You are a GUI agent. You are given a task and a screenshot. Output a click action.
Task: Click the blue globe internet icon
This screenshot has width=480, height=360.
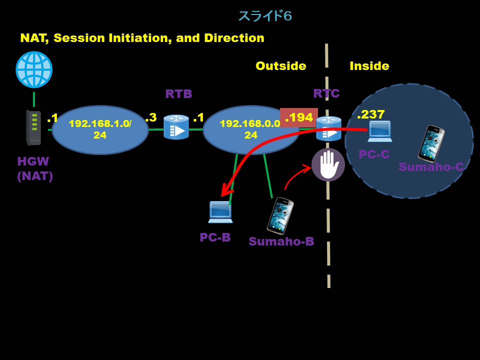(x=34, y=70)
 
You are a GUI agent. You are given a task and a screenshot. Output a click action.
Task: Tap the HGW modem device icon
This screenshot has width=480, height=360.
(x=34, y=128)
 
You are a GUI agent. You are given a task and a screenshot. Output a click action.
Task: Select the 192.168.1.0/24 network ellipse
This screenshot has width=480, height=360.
(x=100, y=130)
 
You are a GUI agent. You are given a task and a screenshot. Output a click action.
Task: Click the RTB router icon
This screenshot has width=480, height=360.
(x=176, y=127)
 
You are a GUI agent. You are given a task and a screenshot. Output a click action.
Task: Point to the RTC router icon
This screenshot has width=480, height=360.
(x=328, y=128)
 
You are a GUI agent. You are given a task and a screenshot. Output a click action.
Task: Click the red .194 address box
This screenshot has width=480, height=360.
(x=298, y=118)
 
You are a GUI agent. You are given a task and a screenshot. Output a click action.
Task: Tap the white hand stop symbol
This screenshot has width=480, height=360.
(x=328, y=165)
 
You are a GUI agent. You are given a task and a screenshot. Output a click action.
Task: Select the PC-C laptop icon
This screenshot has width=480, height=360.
(x=379, y=131)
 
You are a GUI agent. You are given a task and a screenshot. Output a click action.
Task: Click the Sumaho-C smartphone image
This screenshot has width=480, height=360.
(x=431, y=144)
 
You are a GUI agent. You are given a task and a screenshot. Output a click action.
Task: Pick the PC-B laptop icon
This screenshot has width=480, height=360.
(x=220, y=212)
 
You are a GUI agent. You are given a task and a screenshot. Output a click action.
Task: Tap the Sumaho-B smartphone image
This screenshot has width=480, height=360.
(x=280, y=216)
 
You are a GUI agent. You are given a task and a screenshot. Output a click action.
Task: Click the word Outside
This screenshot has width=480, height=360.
(x=280, y=66)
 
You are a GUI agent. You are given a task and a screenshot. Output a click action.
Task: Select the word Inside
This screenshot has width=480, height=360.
(x=369, y=66)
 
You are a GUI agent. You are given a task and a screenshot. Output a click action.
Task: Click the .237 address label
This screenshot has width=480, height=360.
(x=371, y=114)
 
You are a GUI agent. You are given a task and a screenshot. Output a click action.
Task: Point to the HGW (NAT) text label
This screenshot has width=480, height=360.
(x=35, y=169)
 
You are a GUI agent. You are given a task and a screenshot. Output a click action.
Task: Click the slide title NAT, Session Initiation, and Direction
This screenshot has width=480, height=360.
(x=142, y=38)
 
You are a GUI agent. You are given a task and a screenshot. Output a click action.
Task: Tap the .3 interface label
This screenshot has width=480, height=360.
(x=150, y=117)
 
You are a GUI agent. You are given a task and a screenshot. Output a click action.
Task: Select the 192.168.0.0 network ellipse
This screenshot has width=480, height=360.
(x=250, y=130)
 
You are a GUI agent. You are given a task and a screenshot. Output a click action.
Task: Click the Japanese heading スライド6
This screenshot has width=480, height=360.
(x=264, y=16)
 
